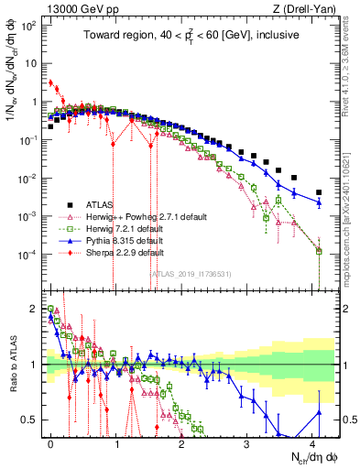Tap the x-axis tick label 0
coord(50,442)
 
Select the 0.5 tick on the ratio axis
coord(27,420)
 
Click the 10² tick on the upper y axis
coord(27,26)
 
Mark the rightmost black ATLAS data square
coord(319,192)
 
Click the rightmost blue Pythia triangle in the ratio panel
coord(319,412)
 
